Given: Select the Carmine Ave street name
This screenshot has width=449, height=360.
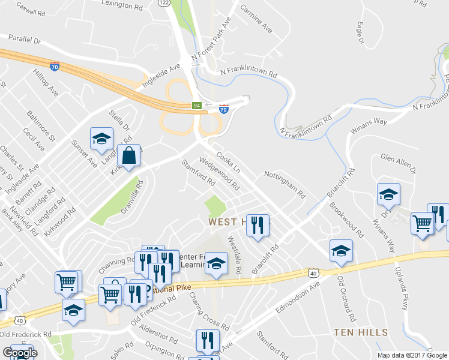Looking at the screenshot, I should click(256, 20).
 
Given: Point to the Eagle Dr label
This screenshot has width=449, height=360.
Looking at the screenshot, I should click(360, 34).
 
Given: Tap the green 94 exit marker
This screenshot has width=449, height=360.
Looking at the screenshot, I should click(196, 106).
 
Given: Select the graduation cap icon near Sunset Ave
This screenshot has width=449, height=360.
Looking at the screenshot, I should click(101, 139).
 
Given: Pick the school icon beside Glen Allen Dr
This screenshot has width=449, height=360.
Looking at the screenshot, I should click(388, 194).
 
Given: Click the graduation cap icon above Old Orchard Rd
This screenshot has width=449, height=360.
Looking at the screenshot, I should click(341, 250).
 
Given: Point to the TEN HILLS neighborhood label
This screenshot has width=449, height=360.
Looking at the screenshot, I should click(361, 332).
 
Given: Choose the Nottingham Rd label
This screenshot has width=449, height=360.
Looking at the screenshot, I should click(285, 184).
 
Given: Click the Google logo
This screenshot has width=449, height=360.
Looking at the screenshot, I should click(20, 353).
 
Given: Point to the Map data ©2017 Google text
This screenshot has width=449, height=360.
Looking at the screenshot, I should click(412, 356).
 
